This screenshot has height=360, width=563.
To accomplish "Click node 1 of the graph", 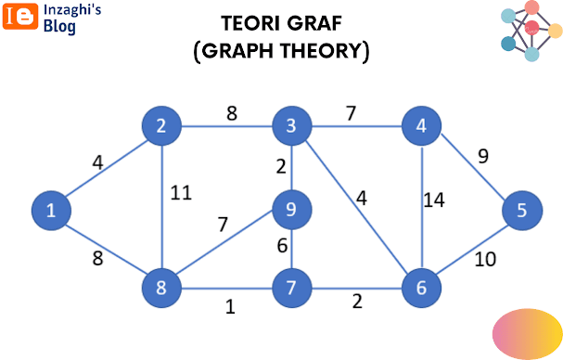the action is (51, 211).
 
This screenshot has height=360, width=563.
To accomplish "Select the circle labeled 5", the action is (522, 211).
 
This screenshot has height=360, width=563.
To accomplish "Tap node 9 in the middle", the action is (291, 210).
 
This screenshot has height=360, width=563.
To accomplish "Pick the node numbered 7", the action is (291, 288).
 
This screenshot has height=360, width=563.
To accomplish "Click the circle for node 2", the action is (161, 126).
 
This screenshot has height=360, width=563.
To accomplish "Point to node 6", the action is (421, 288).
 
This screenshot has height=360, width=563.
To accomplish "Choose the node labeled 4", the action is (421, 126).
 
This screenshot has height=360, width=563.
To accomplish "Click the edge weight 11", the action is (181, 193).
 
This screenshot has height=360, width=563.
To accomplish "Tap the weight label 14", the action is (434, 200).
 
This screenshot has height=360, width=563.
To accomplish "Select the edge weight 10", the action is (485, 260).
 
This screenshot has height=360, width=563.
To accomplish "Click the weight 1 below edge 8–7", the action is (230, 307).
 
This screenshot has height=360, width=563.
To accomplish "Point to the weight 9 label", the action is (483, 156).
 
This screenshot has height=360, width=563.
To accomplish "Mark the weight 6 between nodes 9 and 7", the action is (282, 246).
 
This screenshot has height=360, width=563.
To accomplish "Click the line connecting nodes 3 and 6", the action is (356, 206).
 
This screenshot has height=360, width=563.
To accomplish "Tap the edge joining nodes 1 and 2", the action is (107, 168).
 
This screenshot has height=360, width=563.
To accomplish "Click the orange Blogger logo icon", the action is (20, 16).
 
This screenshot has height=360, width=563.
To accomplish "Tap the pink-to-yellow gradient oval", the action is (527, 334).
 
